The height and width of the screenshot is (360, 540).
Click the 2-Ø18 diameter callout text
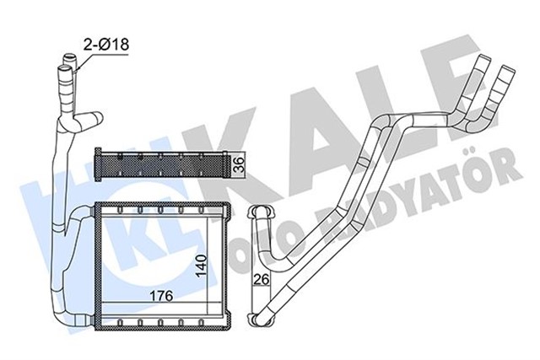pyautogui.click(x=105, y=44)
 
